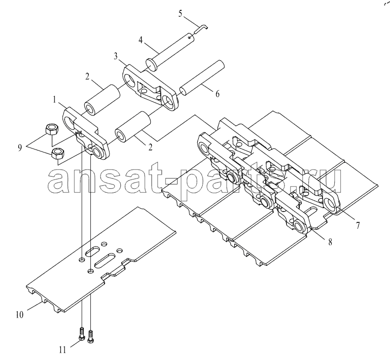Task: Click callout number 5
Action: click(x=180, y=14)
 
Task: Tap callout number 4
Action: click(x=141, y=40)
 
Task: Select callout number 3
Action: click(x=116, y=56)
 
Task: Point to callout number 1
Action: click(x=54, y=100)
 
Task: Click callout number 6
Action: click(x=217, y=94)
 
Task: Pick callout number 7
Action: click(x=357, y=225)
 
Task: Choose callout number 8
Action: click(x=330, y=242)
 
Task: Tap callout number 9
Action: click(x=20, y=148)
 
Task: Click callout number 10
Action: click(x=19, y=315)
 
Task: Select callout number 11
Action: click(x=62, y=350)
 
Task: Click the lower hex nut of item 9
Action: click(x=58, y=154)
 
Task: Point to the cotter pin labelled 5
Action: click(x=202, y=29)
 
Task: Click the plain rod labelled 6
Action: click(x=202, y=77)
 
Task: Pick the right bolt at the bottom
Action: click(x=91, y=336)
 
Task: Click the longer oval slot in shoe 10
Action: click(x=105, y=260)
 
